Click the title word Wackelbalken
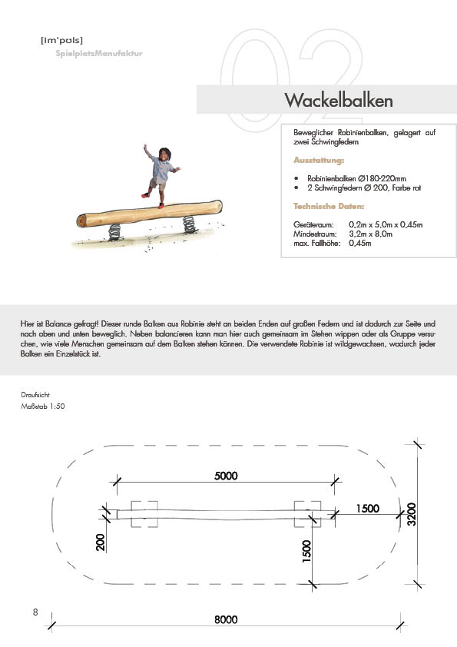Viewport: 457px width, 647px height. pos(339,100)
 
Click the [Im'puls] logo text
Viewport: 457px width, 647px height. pos(62,41)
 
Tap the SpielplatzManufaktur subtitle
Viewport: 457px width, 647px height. pos(99,53)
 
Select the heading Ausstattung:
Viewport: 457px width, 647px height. pos(319,160)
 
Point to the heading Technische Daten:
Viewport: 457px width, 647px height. pos(329,206)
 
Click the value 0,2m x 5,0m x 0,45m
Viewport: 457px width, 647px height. pos(386,225)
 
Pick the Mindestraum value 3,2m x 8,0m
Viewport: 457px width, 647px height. pos(370,234)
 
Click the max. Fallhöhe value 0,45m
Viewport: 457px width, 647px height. pos(360,243)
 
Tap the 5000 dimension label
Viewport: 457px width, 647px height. pos(226,476)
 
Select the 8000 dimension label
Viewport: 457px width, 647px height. pos(226,619)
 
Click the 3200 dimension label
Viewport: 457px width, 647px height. pos(411,514)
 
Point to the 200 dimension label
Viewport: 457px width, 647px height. pos(100,542)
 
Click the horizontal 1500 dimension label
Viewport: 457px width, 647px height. pos(367,509)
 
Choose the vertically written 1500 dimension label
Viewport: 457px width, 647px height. pos(307,551)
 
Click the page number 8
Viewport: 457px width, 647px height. pos(35,612)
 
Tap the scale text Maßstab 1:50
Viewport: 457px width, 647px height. pos(43,406)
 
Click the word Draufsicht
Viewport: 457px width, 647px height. pos(35,395)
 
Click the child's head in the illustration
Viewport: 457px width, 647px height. pos(164,154)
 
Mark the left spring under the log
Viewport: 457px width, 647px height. pos(114,232)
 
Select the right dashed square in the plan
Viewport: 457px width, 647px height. pos(307,514)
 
